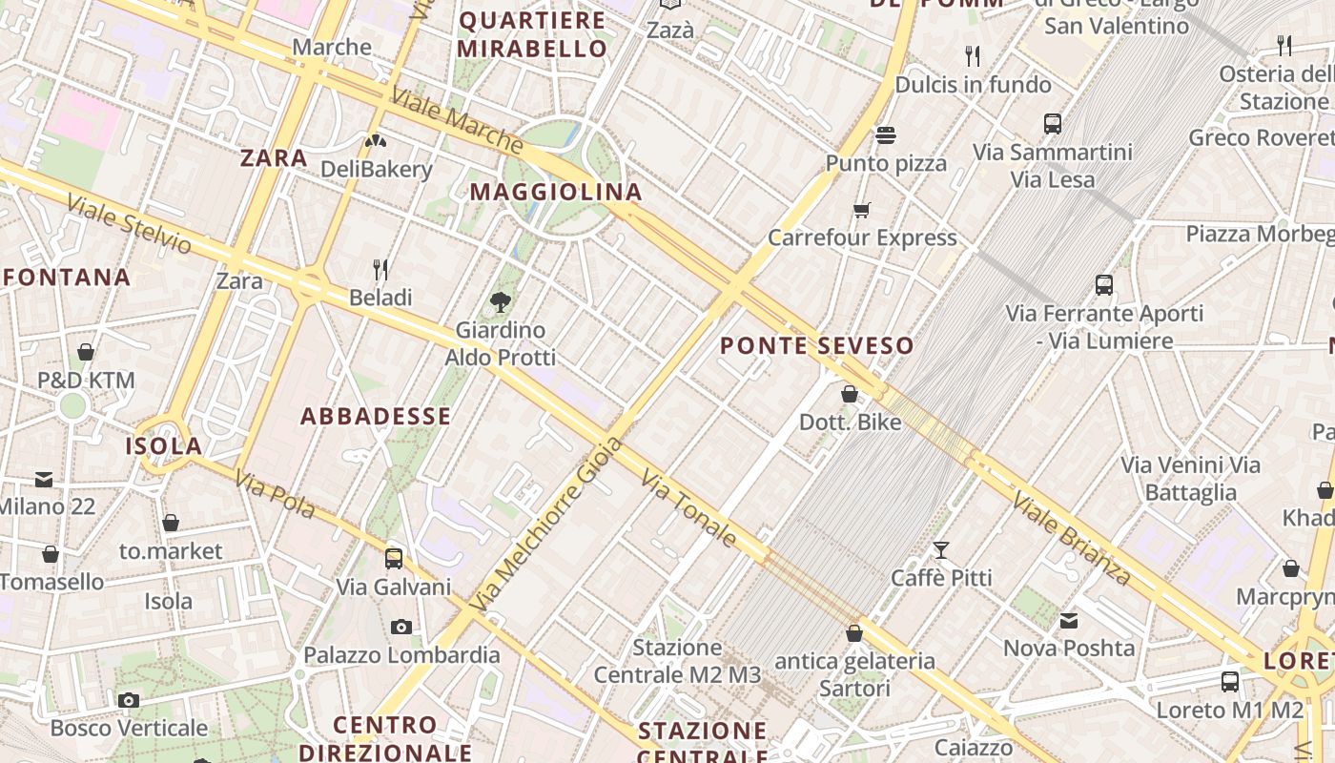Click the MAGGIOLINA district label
pyautogui.click(x=556, y=192)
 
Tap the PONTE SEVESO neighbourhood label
pyautogui.click(x=817, y=345)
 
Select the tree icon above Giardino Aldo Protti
pyautogui.click(x=501, y=302)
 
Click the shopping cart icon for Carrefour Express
pyautogui.click(x=862, y=210)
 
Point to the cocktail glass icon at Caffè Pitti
pyautogui.click(x=941, y=549)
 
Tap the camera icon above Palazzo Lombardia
pyautogui.click(x=401, y=627)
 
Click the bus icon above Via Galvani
pyautogui.click(x=394, y=558)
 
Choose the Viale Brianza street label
pyautogui.click(x=1072, y=538)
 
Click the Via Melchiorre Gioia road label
pyautogui.click(x=547, y=525)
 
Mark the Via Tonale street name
pyautogui.click(x=689, y=508)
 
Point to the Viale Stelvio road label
pyautogui.click(x=129, y=224)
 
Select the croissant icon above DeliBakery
pyautogui.click(x=376, y=142)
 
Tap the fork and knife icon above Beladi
pyautogui.click(x=380, y=270)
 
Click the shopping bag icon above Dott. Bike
pyautogui.click(x=850, y=394)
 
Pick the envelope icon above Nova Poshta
pyautogui.click(x=1069, y=621)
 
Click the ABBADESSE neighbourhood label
pyautogui.click(x=376, y=416)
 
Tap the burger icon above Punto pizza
pyautogui.click(x=886, y=135)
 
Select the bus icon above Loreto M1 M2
pyautogui.click(x=1230, y=682)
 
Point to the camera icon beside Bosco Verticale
pyautogui.click(x=129, y=701)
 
